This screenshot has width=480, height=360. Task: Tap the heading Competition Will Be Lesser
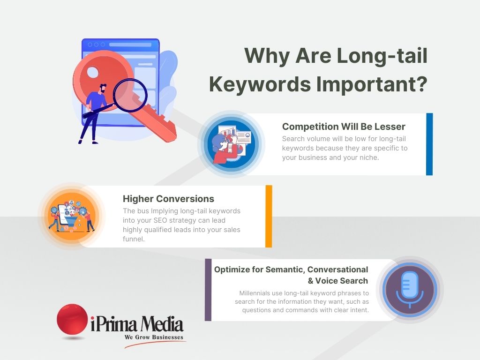[344, 127]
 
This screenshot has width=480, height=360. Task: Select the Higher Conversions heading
[168, 199]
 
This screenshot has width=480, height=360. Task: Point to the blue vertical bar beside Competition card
[429, 144]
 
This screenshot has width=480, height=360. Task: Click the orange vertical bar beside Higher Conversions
[269, 216]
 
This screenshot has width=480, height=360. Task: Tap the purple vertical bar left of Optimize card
[208, 290]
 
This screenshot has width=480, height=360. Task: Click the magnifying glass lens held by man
[130, 95]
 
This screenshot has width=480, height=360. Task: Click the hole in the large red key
[93, 72]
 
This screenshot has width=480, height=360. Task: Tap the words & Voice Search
[337, 281]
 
